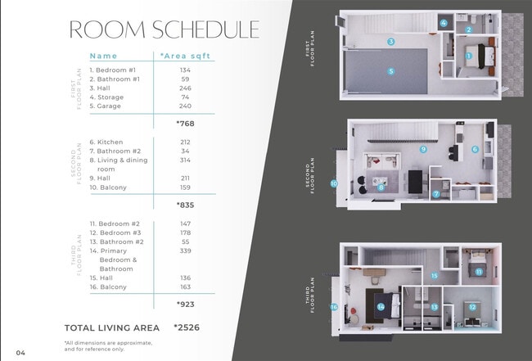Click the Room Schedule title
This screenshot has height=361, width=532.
coord(165,29)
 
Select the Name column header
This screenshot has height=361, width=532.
coord(103,56)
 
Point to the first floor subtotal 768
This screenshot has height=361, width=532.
coord(186,124)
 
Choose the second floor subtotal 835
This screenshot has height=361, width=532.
coord(186,205)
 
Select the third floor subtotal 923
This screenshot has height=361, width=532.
coord(186,304)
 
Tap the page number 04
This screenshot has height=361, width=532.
coord(20,353)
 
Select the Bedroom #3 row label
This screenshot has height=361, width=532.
coord(115,232)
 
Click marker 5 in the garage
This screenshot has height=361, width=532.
coord(391,71)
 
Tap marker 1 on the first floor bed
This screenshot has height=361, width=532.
coord(470,56)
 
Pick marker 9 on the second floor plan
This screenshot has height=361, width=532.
coord(423,150)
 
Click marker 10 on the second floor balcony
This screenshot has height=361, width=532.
coord(334,183)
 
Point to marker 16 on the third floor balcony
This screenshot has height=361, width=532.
coord(334,307)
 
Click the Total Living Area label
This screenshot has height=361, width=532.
coord(111,327)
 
